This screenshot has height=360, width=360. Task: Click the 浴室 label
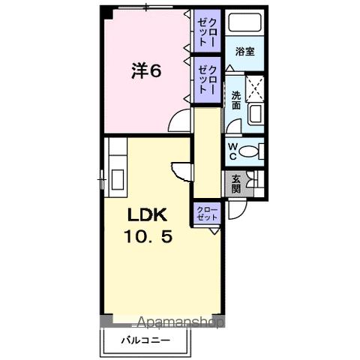coord(244,52)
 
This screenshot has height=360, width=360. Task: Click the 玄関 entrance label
coord(235,182)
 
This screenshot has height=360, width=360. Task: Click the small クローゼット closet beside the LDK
coord(207,212)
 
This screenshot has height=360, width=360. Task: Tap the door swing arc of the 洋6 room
coord(181,122)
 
